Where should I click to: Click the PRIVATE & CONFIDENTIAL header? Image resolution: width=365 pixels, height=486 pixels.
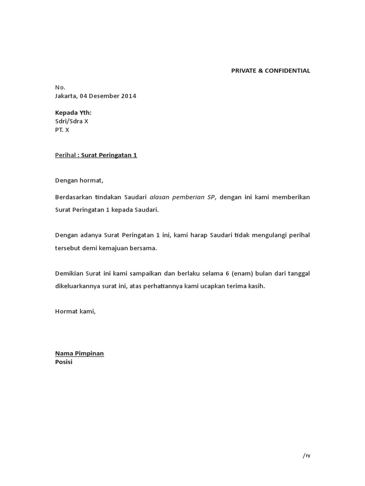tap(270, 71)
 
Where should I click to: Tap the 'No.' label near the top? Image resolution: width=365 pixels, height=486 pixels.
tap(60, 87)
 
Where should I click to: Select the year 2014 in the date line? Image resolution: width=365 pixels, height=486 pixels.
tap(128, 96)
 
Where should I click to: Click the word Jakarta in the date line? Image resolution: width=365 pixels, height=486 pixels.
tap(66, 96)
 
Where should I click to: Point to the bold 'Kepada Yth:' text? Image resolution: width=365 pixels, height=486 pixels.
tap(73, 112)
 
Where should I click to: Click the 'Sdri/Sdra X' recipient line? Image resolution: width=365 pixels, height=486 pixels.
tap(72, 121)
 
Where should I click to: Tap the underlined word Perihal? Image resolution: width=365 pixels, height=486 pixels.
tap(65, 155)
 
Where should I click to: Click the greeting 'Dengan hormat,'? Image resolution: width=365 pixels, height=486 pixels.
tap(79, 180)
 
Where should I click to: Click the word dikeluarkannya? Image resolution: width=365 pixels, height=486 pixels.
tap(79, 286)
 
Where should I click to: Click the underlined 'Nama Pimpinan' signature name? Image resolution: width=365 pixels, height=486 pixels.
tap(79, 353)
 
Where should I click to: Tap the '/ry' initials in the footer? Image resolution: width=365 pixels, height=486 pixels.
tap(306, 456)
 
